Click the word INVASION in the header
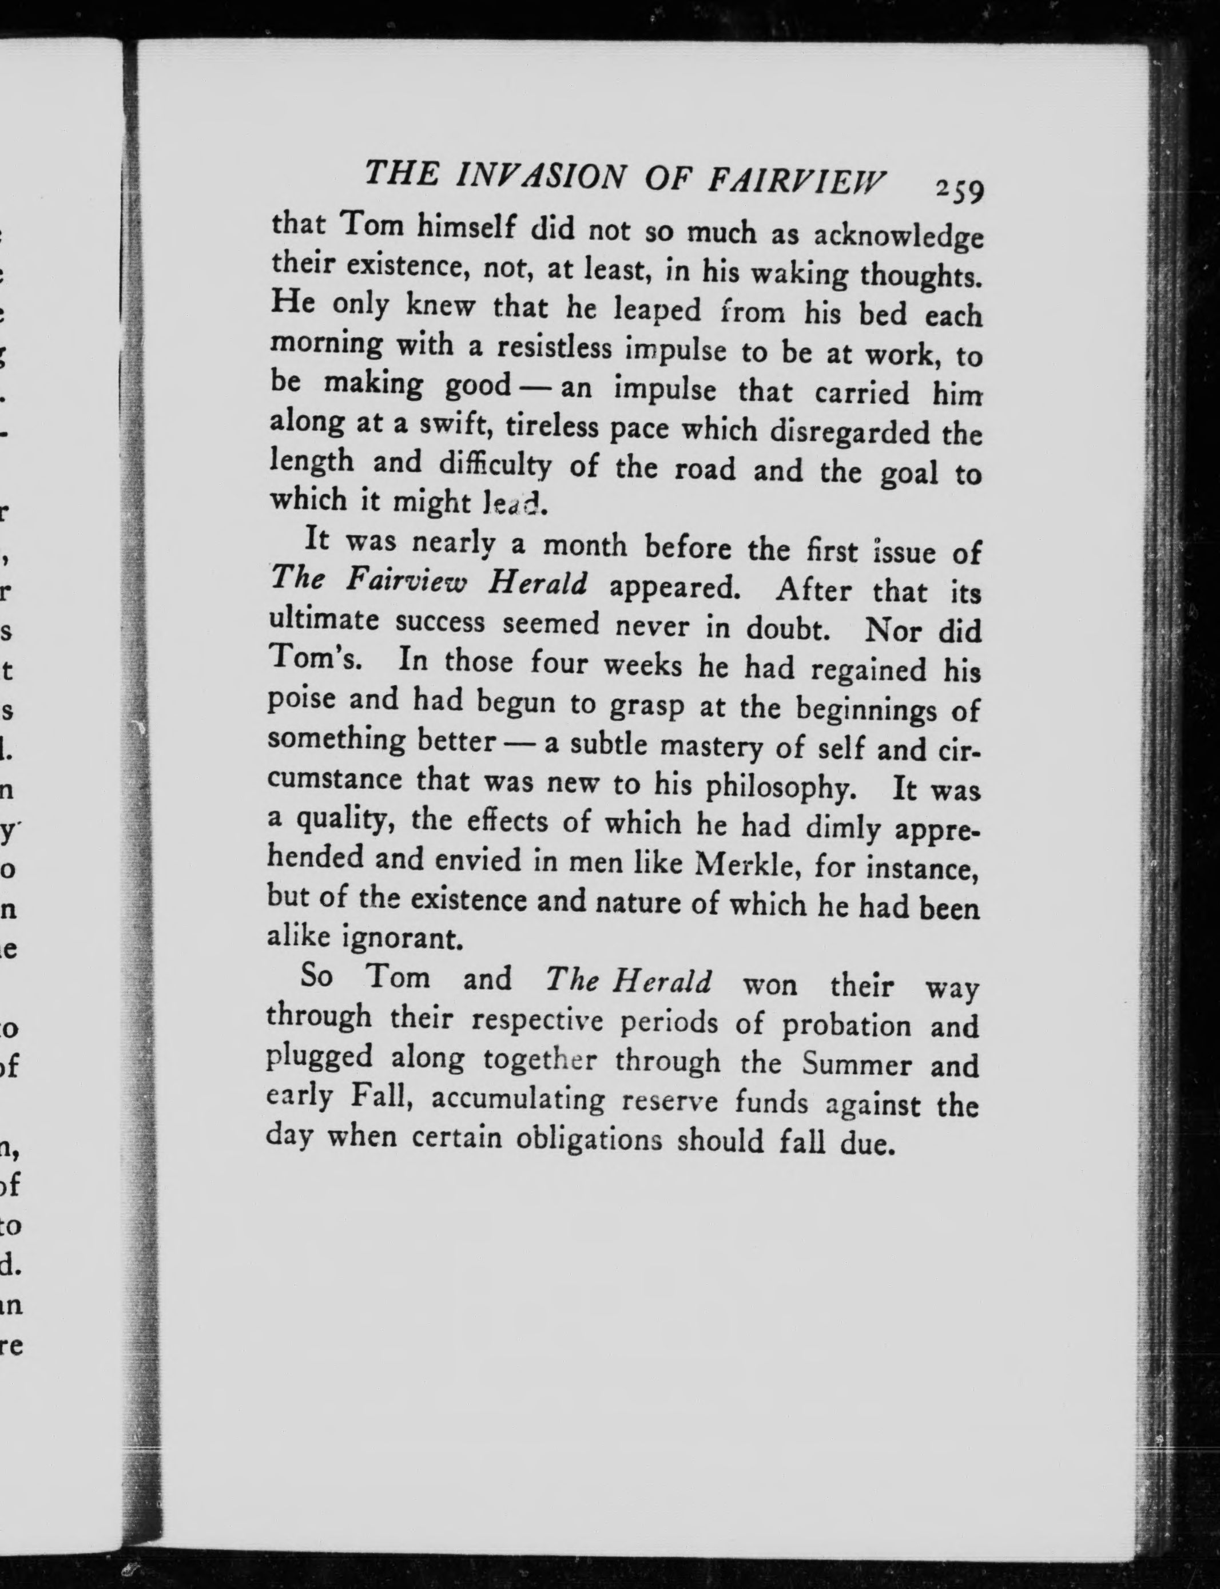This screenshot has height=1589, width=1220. pos(537,177)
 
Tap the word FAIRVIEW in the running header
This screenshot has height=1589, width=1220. pos(797,182)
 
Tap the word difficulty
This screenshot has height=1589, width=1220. pos(495,465)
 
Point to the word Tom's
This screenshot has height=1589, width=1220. pos(313,660)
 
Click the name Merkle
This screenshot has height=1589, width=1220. pos(749,864)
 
